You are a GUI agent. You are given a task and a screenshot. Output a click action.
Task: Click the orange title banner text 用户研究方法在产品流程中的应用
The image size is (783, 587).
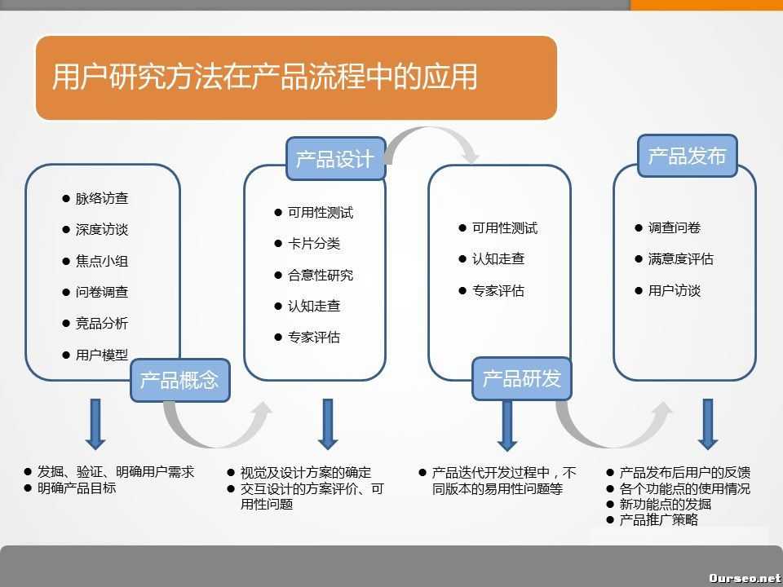click(x=264, y=77)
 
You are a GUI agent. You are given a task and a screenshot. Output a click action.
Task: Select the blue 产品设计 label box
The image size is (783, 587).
click(x=335, y=158)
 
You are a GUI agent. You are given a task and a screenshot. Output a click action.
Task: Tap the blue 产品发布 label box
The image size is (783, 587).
click(x=687, y=156)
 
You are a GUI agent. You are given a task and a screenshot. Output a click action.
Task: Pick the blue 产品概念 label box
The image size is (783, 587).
click(x=179, y=380)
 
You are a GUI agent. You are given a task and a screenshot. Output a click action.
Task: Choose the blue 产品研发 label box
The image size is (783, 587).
click(x=522, y=378)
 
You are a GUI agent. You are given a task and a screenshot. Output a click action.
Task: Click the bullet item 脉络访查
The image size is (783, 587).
click(x=102, y=198)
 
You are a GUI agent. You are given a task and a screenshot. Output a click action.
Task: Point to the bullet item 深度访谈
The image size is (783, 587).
click(x=102, y=230)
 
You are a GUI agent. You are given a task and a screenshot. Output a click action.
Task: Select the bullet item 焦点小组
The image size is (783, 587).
click(x=102, y=261)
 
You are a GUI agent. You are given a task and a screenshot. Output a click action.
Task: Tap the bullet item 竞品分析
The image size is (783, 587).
click(x=102, y=324)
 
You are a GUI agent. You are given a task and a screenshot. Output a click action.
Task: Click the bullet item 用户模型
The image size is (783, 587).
click(x=102, y=355)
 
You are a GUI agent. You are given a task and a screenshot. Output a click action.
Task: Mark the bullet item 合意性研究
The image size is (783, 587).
click(x=321, y=276)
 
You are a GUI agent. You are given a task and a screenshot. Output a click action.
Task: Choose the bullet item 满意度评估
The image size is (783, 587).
click(x=681, y=259)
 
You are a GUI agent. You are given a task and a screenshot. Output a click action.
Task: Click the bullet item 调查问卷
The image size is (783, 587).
click(x=675, y=228)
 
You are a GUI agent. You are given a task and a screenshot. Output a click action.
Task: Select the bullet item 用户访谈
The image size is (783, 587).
click(x=675, y=291)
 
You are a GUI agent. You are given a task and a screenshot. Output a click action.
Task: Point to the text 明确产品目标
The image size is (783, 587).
click(x=77, y=488)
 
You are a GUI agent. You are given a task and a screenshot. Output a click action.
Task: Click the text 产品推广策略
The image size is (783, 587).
click(x=659, y=520)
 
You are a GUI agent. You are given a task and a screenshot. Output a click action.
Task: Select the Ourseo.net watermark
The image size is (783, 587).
click(x=744, y=577)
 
